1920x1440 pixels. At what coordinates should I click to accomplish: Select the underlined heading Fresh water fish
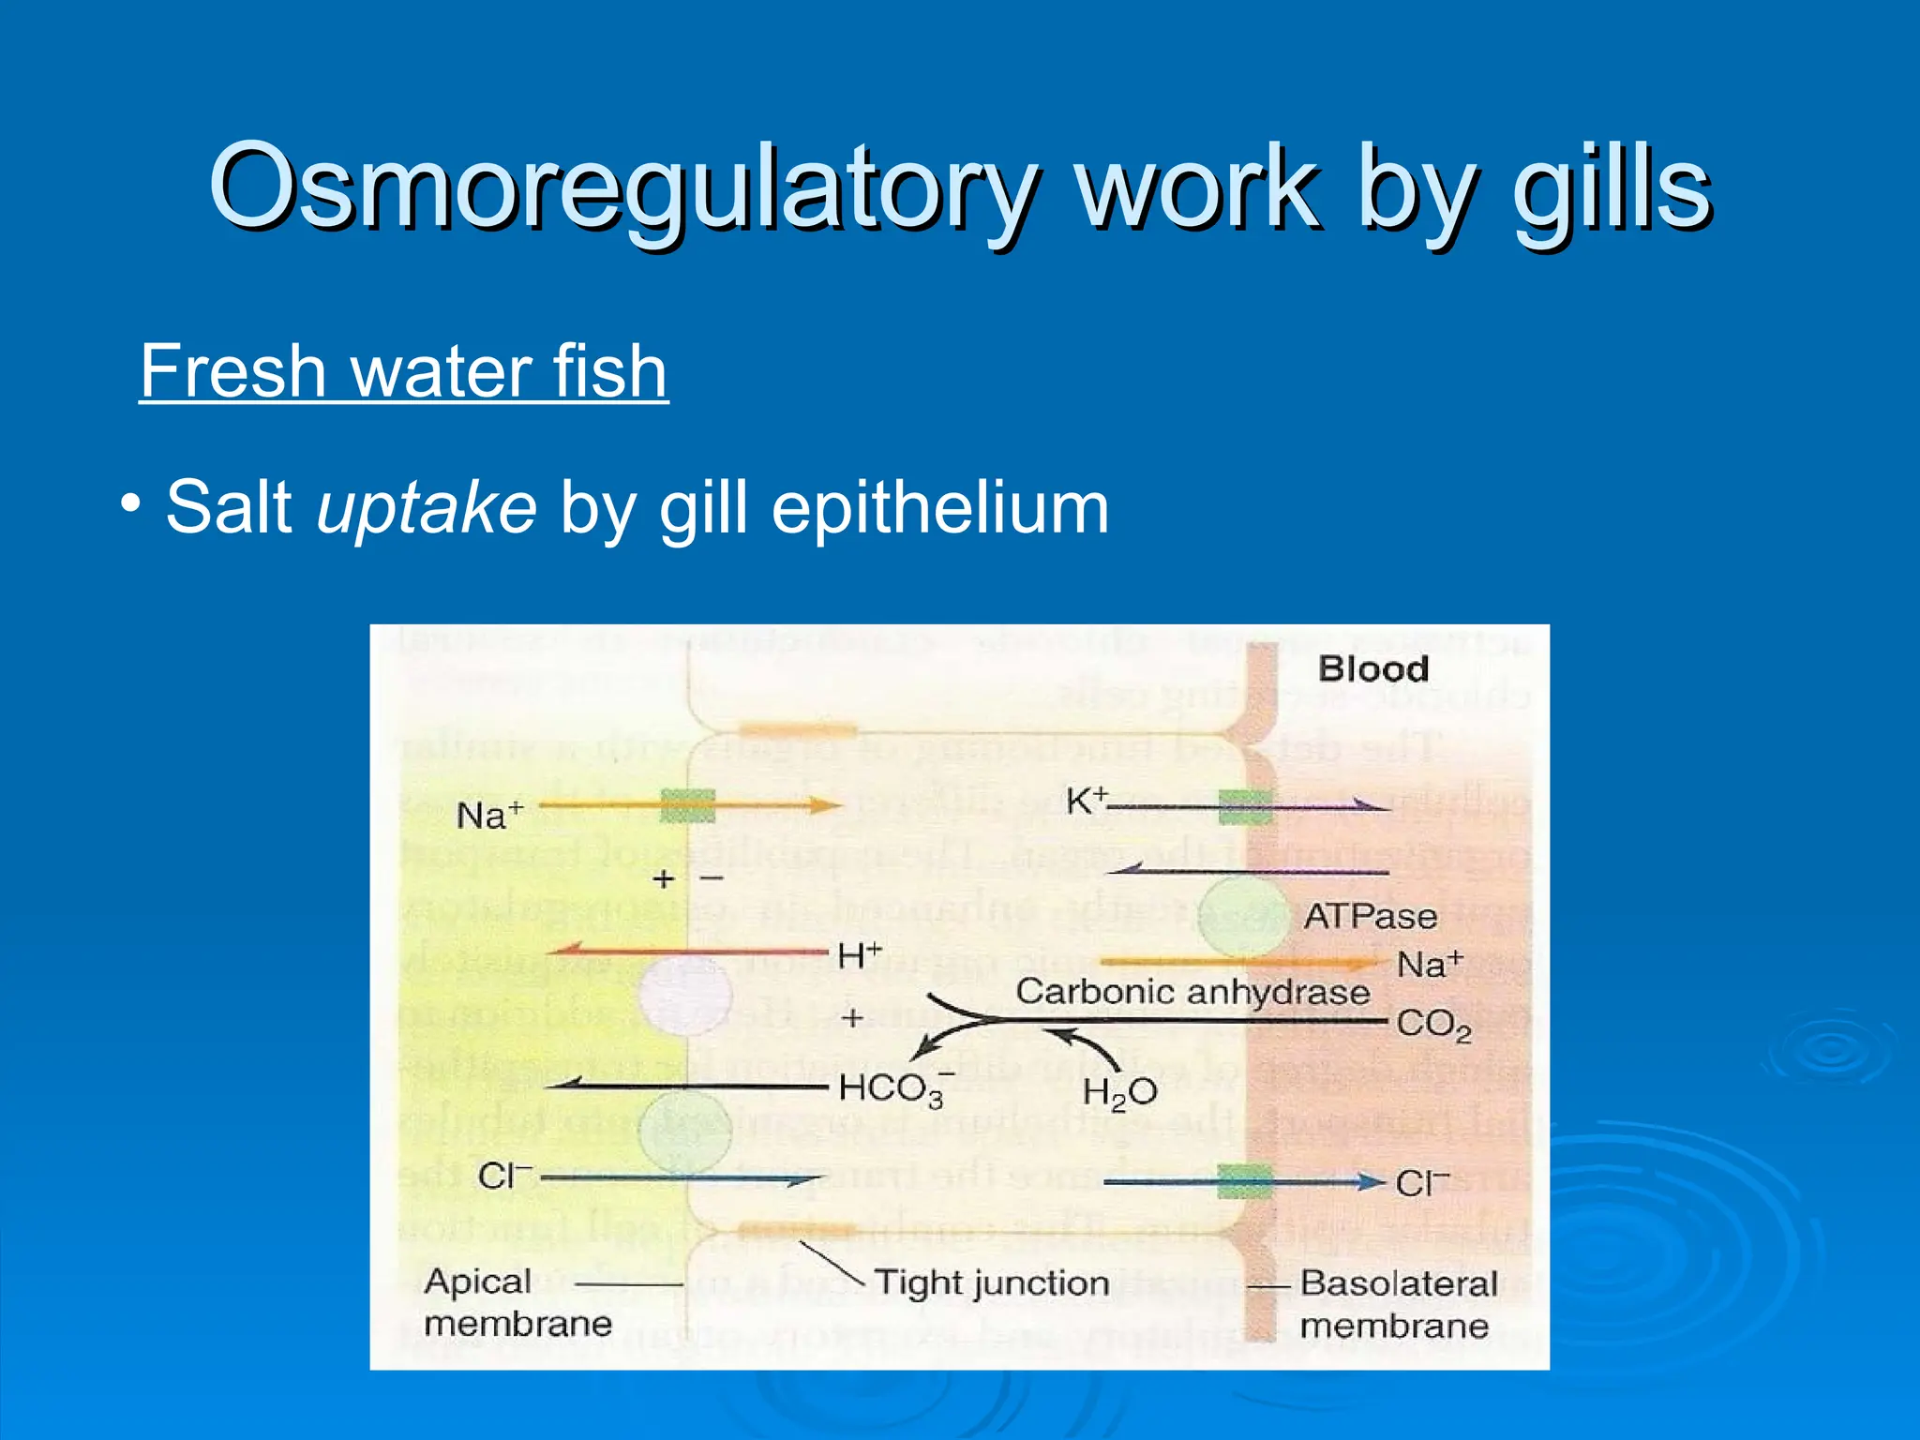403,371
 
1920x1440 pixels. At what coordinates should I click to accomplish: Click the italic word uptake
427,508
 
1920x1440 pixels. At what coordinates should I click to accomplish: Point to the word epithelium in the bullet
939,508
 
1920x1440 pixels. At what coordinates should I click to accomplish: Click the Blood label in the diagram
1372,669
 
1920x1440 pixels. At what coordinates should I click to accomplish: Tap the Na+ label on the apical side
488,815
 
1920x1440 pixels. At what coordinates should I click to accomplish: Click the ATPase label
1370,916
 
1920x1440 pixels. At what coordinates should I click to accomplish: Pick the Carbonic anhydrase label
1192,992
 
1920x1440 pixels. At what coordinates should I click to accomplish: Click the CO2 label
1432,1025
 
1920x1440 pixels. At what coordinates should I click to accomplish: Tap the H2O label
1119,1092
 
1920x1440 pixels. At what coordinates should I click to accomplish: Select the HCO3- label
893,1089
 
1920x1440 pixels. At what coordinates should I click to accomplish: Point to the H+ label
859,956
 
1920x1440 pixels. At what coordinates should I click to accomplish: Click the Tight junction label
991,1282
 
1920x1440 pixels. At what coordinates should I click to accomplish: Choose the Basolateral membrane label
1397,1304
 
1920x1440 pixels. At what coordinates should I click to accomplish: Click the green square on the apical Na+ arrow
687,805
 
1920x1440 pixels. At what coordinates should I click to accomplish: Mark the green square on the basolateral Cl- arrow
1245,1181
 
